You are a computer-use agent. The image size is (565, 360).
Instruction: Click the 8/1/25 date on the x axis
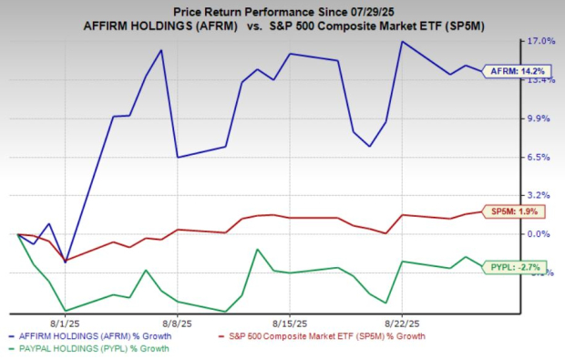66,323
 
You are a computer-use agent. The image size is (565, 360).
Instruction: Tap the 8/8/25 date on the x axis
177,323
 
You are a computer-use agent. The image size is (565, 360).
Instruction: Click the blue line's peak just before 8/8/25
161,50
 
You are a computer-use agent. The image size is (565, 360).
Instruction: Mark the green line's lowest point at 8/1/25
66,310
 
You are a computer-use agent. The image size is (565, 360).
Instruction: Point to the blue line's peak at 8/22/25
401,41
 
